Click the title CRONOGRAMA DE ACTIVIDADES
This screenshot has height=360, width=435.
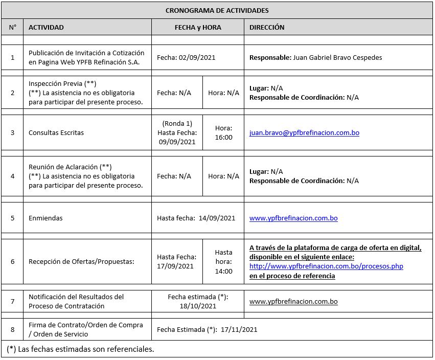click(217, 10)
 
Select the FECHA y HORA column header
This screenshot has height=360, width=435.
click(198, 27)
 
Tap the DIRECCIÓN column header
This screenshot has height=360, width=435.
click(267, 27)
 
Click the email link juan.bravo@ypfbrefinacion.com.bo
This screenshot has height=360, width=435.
click(304, 133)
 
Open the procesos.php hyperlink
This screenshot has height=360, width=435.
click(326, 266)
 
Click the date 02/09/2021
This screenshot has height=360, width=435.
click(197, 57)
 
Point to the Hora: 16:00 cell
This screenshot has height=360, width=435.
click(223, 133)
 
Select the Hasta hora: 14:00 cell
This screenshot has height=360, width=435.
click(223, 261)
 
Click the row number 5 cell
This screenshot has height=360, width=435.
click(12, 218)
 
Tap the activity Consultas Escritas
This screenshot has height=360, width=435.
click(56, 133)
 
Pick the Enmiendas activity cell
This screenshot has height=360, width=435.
click(45, 218)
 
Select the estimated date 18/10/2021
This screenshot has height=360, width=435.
click(198, 306)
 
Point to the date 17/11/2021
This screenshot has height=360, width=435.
click(239, 330)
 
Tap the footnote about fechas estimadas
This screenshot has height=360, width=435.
click(81, 349)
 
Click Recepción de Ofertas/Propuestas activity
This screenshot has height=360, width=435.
click(81, 261)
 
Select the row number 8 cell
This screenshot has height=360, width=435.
click(12, 330)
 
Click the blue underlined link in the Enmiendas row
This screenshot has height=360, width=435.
click(293, 218)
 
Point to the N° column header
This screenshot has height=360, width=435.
click(12, 27)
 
